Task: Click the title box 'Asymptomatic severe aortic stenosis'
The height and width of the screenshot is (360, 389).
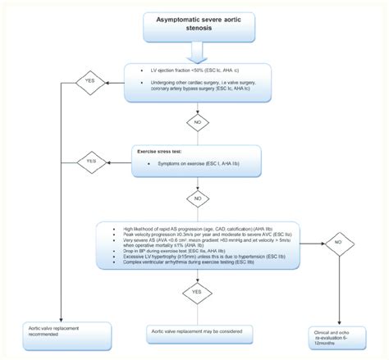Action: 195,25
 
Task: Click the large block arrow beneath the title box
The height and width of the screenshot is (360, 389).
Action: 195,54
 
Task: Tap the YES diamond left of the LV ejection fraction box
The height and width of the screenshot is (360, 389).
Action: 90,82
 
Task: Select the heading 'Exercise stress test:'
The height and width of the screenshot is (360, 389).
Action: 158,151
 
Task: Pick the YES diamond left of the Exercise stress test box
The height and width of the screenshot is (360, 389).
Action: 90,161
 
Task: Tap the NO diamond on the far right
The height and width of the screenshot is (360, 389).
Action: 336,243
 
